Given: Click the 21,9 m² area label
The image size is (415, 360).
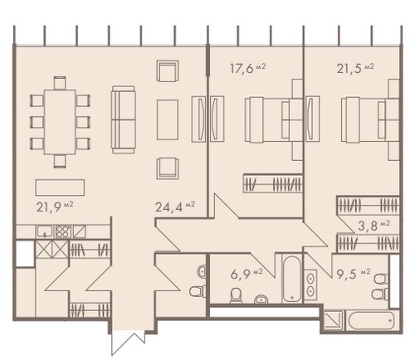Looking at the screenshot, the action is [x=55, y=207].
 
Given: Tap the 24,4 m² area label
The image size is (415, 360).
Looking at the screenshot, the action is [x=175, y=207].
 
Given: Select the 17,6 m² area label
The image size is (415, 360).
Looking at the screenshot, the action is [x=247, y=68].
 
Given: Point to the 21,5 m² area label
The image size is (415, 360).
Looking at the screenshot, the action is [x=355, y=68].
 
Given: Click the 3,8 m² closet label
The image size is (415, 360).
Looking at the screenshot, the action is [x=373, y=226].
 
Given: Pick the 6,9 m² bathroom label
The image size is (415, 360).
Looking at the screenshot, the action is [x=247, y=274].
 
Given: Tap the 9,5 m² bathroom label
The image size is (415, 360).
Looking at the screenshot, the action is [x=354, y=274].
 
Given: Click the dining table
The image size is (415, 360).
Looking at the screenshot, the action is [x=60, y=122].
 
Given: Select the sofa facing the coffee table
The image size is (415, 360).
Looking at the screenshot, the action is [x=124, y=119].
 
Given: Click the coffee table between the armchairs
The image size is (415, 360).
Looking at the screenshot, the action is [x=168, y=119].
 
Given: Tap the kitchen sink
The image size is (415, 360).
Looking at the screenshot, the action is [x=45, y=231].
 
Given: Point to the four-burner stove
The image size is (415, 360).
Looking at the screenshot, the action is [x=63, y=231].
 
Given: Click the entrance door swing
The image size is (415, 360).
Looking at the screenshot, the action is [x=127, y=343].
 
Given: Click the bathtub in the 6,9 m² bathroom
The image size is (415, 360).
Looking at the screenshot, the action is [x=292, y=279].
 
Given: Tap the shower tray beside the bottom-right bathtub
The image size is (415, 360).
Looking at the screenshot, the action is [x=333, y=320].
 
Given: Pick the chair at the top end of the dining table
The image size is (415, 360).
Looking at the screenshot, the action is [x=60, y=83].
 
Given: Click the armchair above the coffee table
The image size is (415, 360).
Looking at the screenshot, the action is [x=168, y=71].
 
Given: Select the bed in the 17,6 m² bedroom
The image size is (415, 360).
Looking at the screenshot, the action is [x=271, y=119].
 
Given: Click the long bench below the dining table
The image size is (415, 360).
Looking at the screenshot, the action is [x=60, y=187].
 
